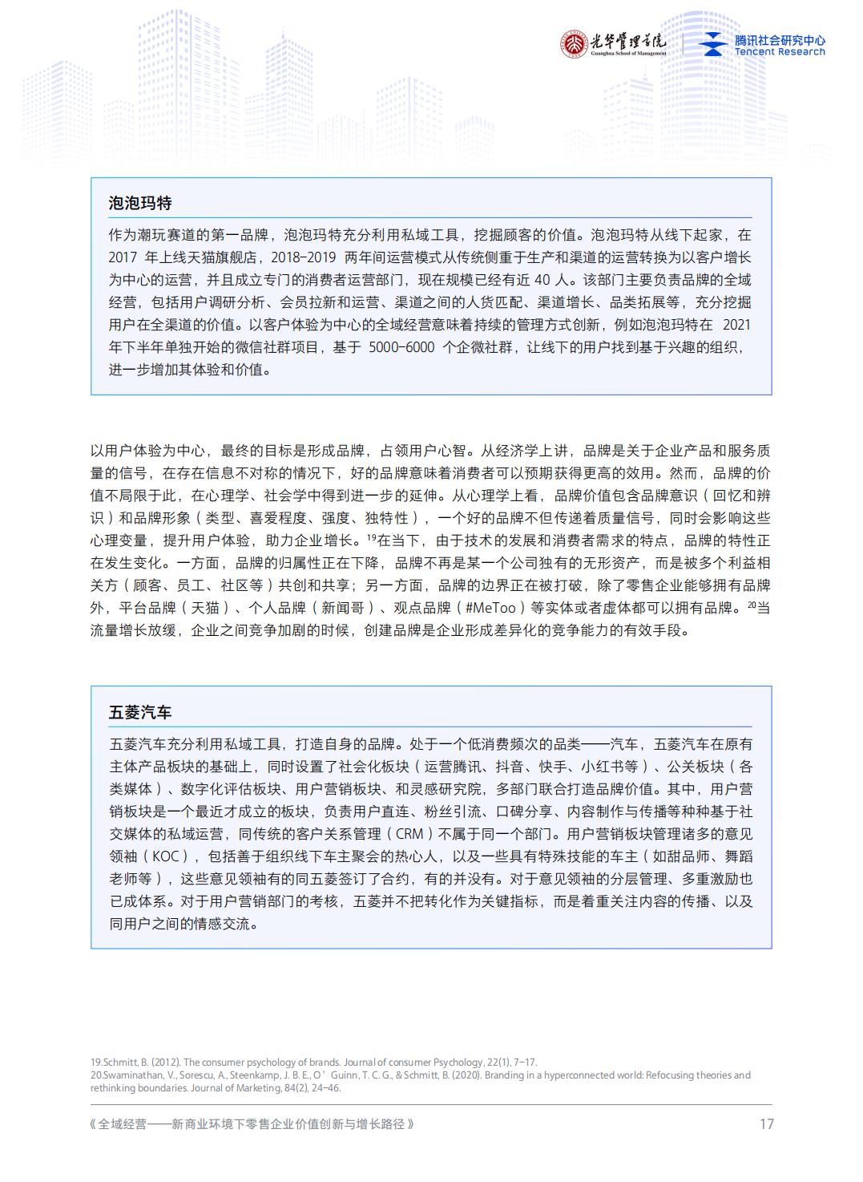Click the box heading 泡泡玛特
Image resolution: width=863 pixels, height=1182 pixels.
tap(140, 203)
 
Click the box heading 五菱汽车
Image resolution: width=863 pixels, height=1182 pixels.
tap(140, 712)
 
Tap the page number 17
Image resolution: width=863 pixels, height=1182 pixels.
tap(766, 1123)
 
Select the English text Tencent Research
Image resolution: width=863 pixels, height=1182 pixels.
tap(780, 52)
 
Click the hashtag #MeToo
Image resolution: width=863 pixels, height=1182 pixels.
tap(494, 608)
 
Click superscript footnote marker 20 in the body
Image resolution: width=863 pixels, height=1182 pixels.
tap(752, 605)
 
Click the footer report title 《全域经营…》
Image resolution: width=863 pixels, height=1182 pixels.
tap(252, 1124)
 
